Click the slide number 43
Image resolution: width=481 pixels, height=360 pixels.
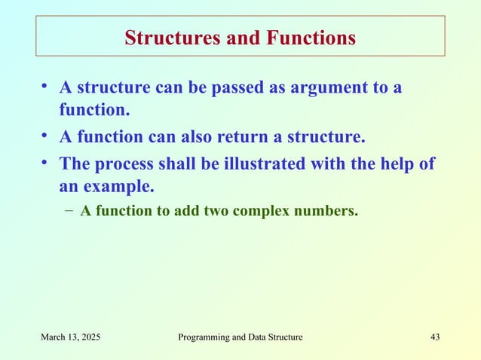(x=434, y=337)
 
